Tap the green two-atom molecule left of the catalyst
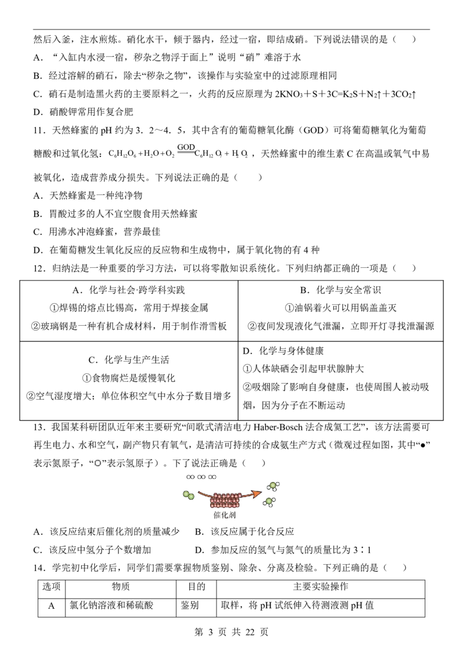click(x=189, y=495)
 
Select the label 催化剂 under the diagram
click(x=225, y=514)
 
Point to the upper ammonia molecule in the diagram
click(x=273, y=486)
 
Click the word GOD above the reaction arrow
click(x=186, y=147)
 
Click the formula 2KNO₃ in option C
click(x=289, y=94)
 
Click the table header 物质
click(x=121, y=587)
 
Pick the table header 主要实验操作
click(x=321, y=587)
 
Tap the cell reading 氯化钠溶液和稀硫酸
click(x=111, y=605)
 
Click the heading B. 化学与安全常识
click(x=340, y=290)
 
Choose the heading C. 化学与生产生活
click(x=128, y=360)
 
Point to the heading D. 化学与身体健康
click(x=284, y=351)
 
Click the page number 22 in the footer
click(x=250, y=632)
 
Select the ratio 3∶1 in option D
click(x=362, y=550)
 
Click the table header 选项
click(x=52, y=587)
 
